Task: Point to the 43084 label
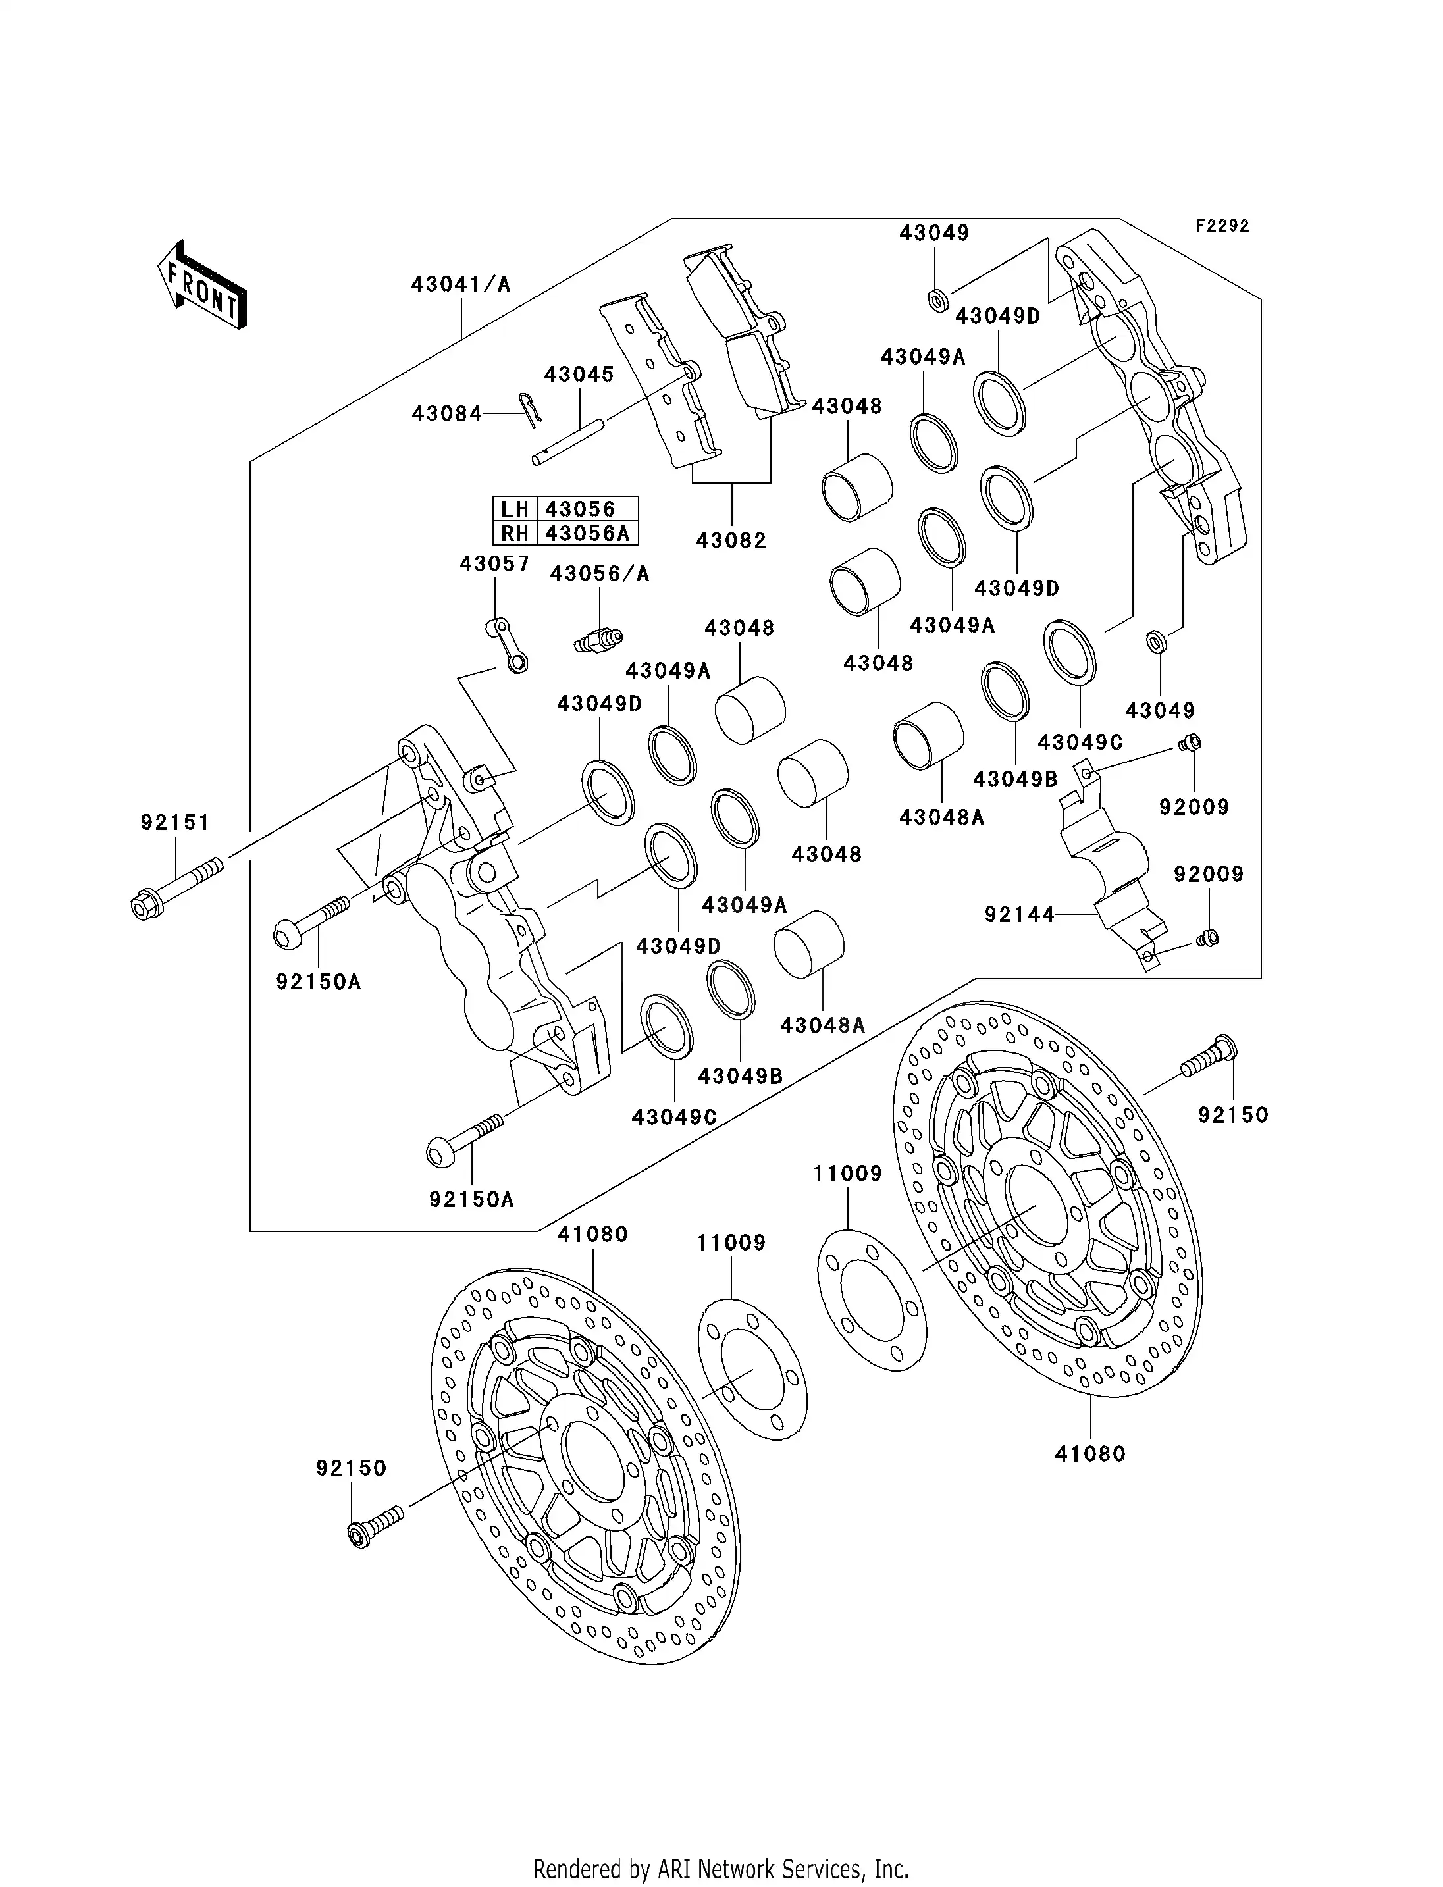click(446, 414)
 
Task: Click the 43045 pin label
click(579, 375)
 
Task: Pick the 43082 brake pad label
click(731, 540)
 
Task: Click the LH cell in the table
click(515, 509)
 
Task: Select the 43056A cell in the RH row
click(587, 533)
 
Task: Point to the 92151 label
click(175, 823)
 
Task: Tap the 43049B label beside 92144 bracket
click(1015, 779)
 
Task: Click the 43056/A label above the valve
click(600, 574)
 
